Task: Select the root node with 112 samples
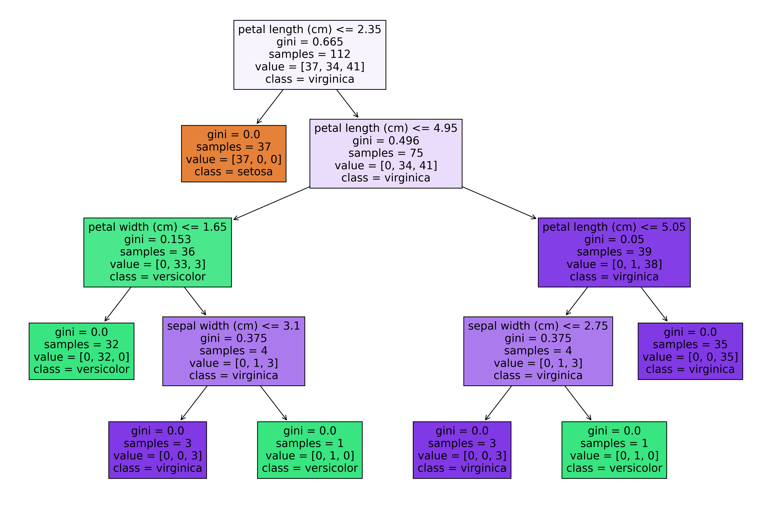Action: (310, 55)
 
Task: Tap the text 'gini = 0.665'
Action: (310, 42)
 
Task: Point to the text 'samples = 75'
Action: (386, 153)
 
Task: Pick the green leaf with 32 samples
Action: (81, 351)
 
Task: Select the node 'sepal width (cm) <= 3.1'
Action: (234, 351)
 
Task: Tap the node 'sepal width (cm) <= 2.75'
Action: (538, 351)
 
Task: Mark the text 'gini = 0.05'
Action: (614, 240)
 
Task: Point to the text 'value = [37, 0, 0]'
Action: (234, 159)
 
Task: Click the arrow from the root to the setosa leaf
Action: (270, 107)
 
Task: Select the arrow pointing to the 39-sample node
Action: (500, 203)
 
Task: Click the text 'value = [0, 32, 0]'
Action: (81, 357)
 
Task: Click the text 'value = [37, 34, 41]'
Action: (310, 67)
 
